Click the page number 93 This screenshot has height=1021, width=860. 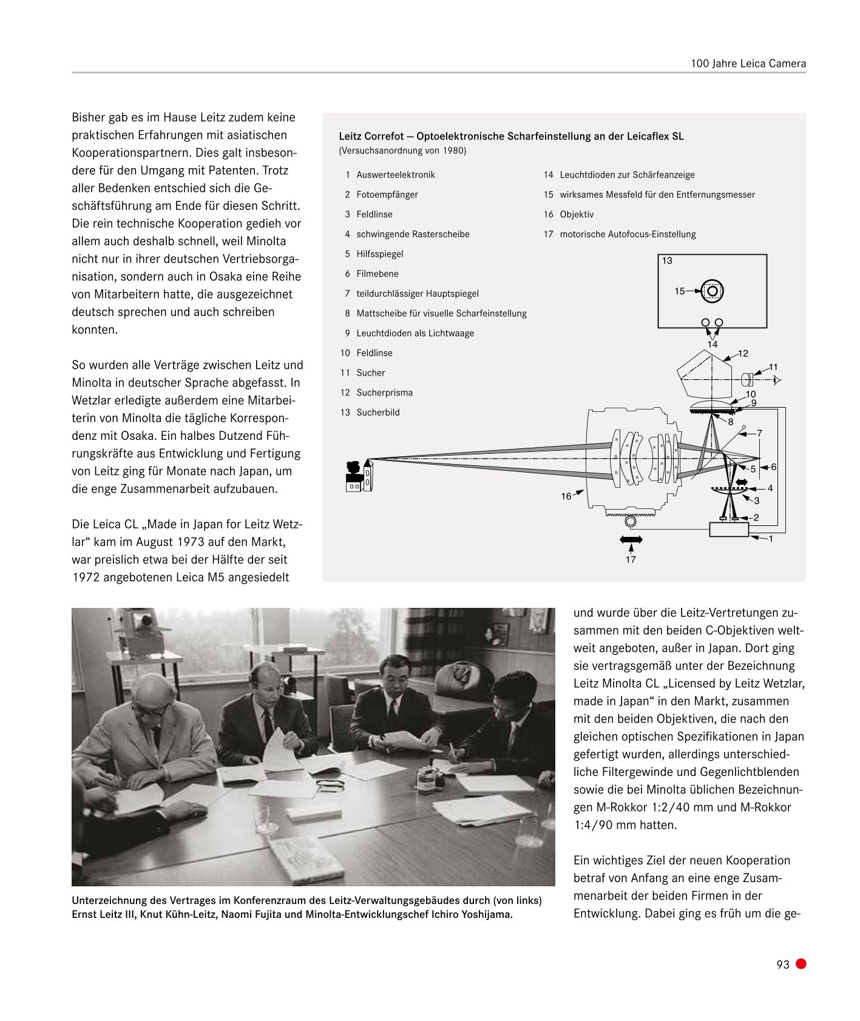(782, 965)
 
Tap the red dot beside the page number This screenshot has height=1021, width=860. (801, 964)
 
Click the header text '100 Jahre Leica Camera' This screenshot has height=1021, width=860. (748, 64)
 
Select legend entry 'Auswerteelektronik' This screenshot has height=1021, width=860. (395, 175)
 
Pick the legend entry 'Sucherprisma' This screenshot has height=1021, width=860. (384, 393)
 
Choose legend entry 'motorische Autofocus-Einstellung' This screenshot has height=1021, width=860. (627, 234)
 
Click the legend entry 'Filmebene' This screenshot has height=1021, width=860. (377, 274)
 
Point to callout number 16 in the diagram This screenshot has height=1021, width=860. (566, 496)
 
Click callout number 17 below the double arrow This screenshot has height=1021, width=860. (631, 559)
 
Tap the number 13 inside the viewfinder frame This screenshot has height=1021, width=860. (667, 261)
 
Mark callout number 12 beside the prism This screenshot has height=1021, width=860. (743, 353)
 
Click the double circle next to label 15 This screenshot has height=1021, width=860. (713, 291)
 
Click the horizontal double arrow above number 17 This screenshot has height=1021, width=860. (631, 539)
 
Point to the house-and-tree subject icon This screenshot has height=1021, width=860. (358, 477)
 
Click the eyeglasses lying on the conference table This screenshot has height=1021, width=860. (330, 785)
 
